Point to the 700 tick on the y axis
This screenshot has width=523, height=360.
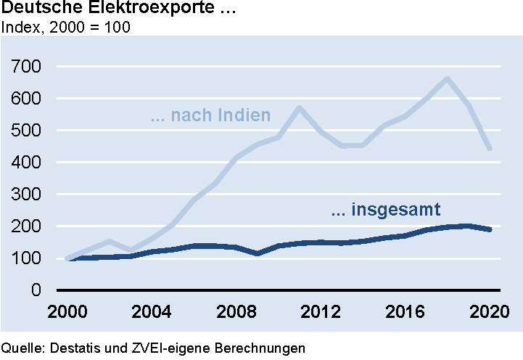27,67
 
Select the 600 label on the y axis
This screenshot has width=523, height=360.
27,99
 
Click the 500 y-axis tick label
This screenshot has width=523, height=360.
27,131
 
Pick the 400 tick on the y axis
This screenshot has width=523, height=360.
27,163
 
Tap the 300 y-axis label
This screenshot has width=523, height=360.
27,195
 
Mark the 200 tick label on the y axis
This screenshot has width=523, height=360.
27,226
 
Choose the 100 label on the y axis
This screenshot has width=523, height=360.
27,258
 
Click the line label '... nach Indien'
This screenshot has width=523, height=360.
210,115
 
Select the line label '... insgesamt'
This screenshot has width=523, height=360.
387,211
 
